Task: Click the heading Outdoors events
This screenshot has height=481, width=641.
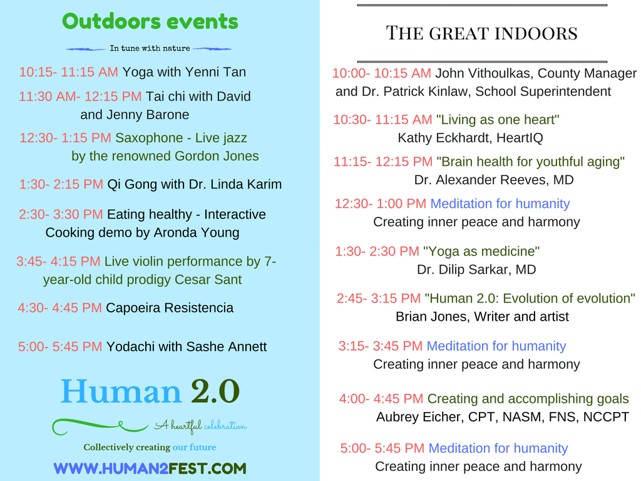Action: [150, 21]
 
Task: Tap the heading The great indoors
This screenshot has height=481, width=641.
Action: [481, 33]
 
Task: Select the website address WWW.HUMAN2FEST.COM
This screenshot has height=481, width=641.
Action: [150, 468]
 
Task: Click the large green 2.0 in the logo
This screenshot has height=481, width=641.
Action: [215, 392]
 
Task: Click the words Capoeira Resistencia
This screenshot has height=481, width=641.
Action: [170, 308]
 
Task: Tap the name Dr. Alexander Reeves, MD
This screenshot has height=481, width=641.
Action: [494, 180]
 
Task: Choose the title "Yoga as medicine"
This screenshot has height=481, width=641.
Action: [481, 251]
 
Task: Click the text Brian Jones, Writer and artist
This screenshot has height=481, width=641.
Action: [482, 316]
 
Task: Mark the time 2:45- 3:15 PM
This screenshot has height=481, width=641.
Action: [378, 298]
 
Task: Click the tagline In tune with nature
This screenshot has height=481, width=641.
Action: [150, 48]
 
